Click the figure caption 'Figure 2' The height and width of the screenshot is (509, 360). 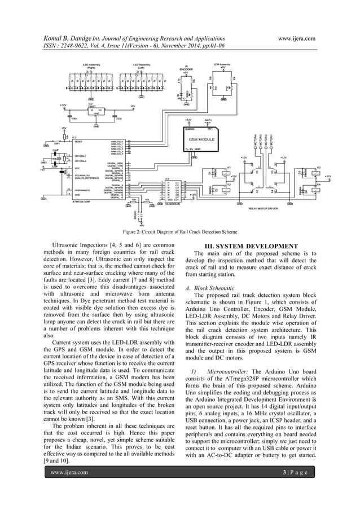(179, 231)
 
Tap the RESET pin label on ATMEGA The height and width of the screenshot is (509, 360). (80, 142)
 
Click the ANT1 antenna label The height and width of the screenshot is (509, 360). (208, 120)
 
